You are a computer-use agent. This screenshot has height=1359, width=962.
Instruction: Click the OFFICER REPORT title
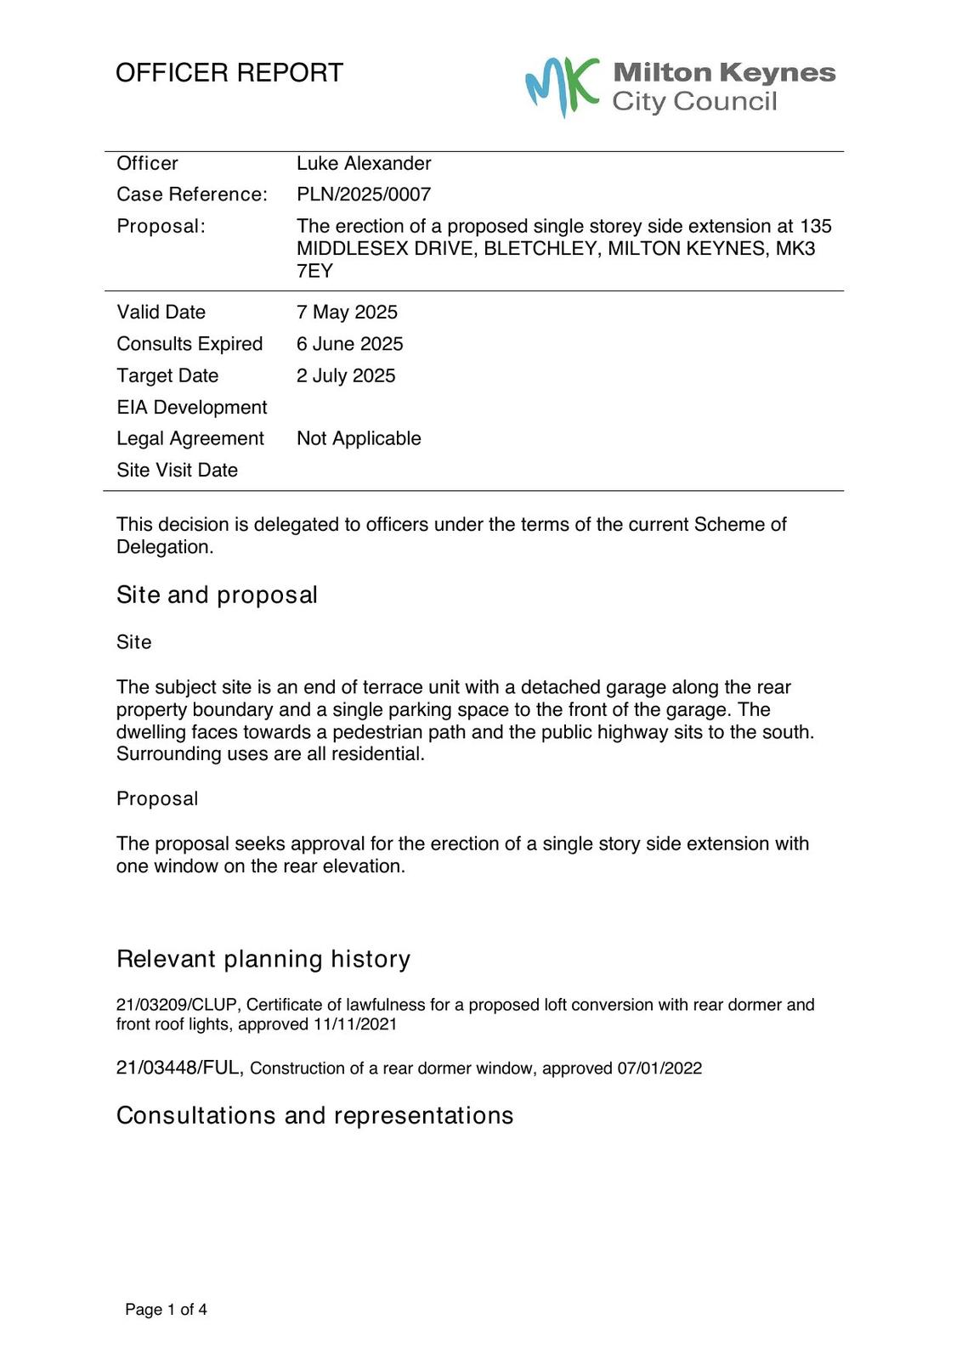tap(229, 73)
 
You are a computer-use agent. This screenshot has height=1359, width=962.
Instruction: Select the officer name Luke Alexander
tap(364, 163)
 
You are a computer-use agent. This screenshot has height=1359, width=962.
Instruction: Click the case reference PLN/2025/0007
tap(364, 195)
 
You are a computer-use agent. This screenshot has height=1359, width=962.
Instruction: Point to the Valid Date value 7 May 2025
tap(347, 312)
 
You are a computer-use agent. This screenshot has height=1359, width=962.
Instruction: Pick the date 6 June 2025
tap(349, 344)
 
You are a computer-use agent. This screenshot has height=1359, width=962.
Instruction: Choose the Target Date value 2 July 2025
tap(346, 375)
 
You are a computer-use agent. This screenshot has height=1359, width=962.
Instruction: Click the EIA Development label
tap(192, 408)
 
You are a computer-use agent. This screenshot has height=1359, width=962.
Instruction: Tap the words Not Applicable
tap(359, 438)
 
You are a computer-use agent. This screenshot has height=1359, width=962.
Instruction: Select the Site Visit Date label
tap(177, 470)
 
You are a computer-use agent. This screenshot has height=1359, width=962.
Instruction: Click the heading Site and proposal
tap(217, 595)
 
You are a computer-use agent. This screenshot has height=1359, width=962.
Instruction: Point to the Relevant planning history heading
tap(263, 959)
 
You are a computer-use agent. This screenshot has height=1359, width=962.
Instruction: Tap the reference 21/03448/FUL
tap(178, 1068)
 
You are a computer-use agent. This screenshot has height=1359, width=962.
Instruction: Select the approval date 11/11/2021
tap(354, 1024)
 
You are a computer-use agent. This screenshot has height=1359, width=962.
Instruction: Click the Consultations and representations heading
tap(314, 1115)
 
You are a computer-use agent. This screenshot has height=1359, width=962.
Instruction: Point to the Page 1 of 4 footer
tap(166, 1310)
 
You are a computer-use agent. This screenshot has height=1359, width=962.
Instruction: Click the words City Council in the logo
tap(694, 102)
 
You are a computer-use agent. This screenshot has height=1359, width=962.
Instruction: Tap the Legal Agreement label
tap(190, 438)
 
